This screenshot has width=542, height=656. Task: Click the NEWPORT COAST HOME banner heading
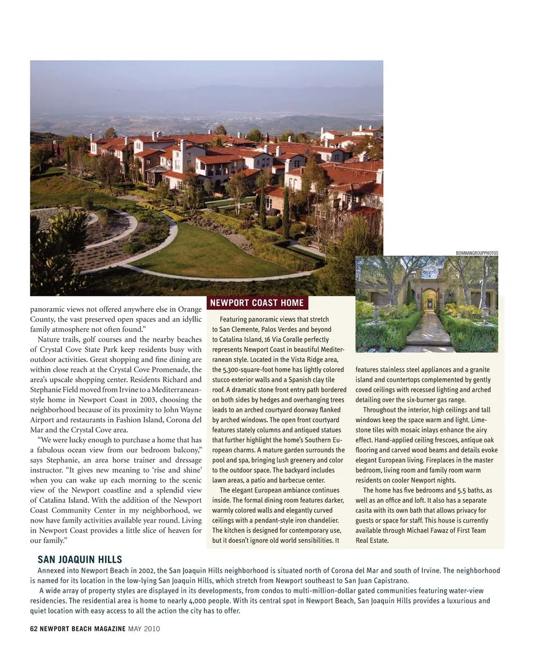coord(257,303)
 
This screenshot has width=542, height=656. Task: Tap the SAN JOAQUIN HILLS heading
coord(80,560)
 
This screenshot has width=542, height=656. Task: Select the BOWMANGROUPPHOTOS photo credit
coord(477,253)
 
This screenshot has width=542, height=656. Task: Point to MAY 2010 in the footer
coord(144,629)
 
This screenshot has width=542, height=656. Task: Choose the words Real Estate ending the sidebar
coord(372,541)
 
